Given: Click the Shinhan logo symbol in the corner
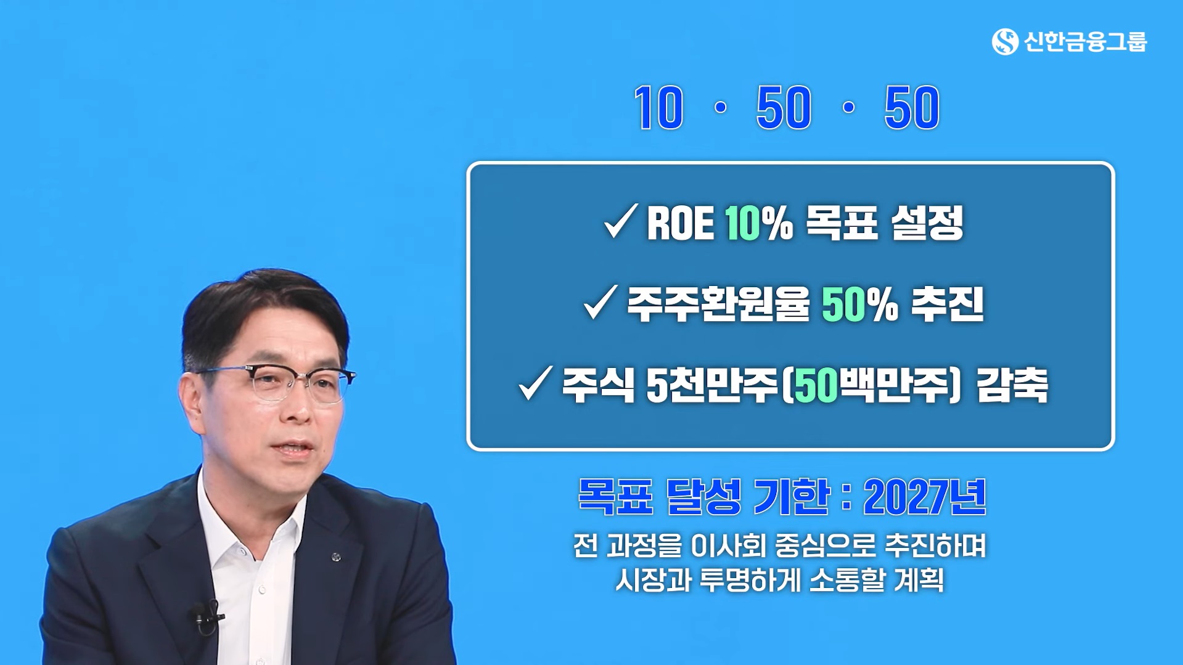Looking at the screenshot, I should tap(1005, 42).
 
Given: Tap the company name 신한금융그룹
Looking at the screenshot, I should tap(1085, 42).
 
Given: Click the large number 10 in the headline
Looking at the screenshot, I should tap(658, 108).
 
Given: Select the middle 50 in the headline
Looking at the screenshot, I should tap(784, 108).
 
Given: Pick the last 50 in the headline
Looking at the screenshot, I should tap(912, 108).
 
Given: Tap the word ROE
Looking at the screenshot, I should tap(680, 223).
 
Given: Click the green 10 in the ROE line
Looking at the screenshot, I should tap(742, 223).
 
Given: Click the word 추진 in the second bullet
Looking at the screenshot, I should tap(948, 304).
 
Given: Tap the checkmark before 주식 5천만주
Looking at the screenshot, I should tap(535, 383).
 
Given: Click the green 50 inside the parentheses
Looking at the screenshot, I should tap(817, 386).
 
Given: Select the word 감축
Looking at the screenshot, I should tap(1012, 386).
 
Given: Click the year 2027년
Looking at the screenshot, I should tap(924, 497).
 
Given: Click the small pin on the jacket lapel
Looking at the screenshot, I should tap(336, 557).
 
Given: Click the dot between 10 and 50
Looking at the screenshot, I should tap(719, 108).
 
